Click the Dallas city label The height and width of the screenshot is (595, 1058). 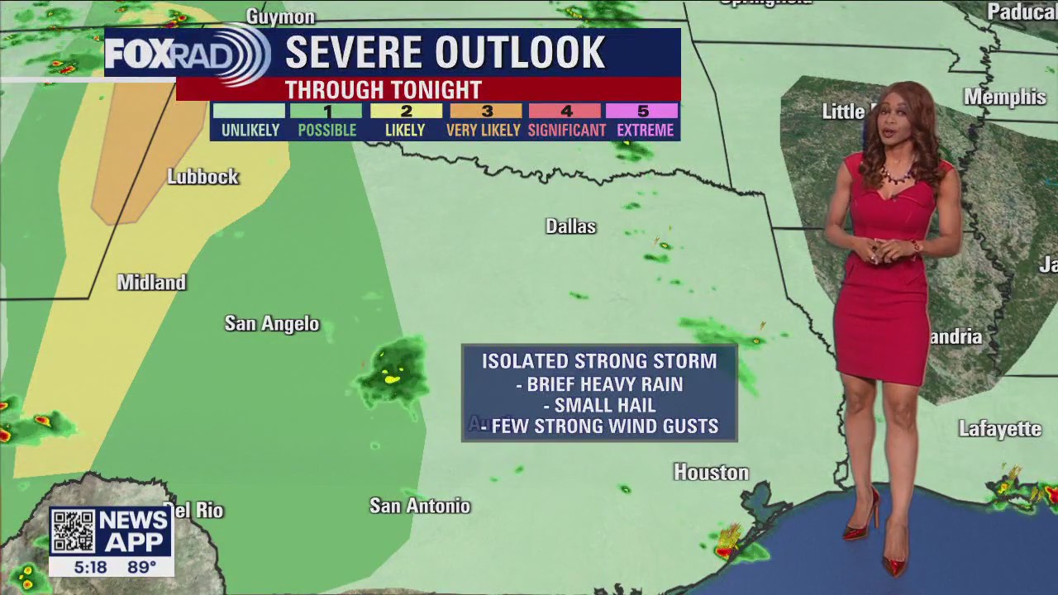570,226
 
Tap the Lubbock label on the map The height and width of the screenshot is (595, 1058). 203,177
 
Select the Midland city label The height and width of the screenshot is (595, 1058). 151,283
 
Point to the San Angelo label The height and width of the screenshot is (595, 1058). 271,324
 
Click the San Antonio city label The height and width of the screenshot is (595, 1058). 419,506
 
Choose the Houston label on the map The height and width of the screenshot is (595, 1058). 711,473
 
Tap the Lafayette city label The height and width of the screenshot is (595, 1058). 999,429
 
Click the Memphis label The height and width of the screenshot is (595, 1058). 1004,98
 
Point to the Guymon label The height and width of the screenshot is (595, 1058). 280,17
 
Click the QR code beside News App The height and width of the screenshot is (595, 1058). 73,531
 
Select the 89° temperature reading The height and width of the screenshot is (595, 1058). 141,567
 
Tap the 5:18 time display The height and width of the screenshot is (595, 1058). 90,567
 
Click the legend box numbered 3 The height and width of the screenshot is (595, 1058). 486,112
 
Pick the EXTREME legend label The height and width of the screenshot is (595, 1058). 645,131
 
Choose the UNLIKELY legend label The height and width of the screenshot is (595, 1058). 250,131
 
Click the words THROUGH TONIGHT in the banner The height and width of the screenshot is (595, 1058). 383,89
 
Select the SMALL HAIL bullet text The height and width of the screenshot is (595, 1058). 604,406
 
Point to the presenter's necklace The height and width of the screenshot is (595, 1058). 895,175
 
